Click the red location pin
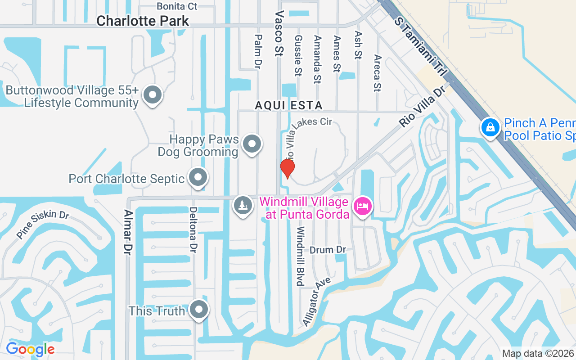[287, 168]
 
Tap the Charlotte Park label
[143, 21]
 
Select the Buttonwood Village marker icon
[153, 95]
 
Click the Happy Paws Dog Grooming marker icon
[252, 144]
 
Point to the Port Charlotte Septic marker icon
[198, 177]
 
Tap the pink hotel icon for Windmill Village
[363, 206]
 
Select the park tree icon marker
[243, 206]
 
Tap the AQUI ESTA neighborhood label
[288, 105]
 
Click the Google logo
[30, 349]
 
